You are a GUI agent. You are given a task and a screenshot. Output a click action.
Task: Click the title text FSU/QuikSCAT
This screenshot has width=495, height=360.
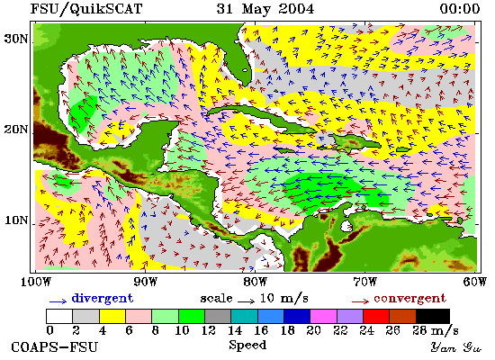pyautogui.click(x=86, y=8)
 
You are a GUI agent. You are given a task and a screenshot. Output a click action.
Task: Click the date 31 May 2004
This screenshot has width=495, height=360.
pyautogui.click(x=265, y=8)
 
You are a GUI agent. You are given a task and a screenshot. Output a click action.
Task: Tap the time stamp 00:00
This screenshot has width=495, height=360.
pyautogui.click(x=460, y=8)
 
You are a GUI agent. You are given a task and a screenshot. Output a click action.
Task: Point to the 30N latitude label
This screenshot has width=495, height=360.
pyautogui.click(x=16, y=40)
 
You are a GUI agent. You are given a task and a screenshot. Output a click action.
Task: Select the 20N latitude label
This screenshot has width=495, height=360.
pyautogui.click(x=16, y=130)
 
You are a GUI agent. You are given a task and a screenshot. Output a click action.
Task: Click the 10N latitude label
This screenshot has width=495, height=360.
pyautogui.click(x=16, y=220)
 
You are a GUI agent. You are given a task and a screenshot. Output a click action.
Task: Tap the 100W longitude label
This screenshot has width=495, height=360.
pyautogui.click(x=36, y=282)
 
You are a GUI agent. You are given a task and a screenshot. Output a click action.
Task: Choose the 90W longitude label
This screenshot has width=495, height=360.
pyautogui.click(x=145, y=282)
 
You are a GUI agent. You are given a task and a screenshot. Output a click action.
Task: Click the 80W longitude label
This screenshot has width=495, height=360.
pyautogui.click(x=255, y=282)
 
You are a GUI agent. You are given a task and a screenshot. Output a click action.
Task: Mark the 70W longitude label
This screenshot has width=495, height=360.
pyautogui.click(x=364, y=282)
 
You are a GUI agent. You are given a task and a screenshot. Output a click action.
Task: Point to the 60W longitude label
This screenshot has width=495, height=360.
pyautogui.click(x=475, y=282)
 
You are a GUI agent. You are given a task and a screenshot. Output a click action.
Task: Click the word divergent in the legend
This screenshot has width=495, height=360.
pyautogui.click(x=103, y=299)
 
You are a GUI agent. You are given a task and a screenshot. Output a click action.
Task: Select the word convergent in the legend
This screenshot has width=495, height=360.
pyautogui.click(x=409, y=299)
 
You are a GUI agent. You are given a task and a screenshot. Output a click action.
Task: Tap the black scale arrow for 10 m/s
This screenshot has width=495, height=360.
pyautogui.click(x=246, y=301)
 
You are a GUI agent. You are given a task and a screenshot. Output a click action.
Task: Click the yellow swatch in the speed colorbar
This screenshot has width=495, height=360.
pyautogui.click(x=112, y=316)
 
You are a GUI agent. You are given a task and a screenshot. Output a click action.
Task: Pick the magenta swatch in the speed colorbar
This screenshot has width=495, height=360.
pyautogui.click(x=324, y=316)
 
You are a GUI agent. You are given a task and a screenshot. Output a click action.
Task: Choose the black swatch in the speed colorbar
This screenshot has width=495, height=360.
pyautogui.click(x=433, y=316)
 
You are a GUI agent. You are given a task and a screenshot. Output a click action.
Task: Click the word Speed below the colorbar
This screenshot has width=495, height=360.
pyautogui.click(x=247, y=346)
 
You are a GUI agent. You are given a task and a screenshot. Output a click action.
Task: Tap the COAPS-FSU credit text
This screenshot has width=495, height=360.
pyautogui.click(x=54, y=347)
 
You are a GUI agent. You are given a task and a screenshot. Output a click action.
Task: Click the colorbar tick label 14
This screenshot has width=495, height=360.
pyautogui.click(x=235, y=330)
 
